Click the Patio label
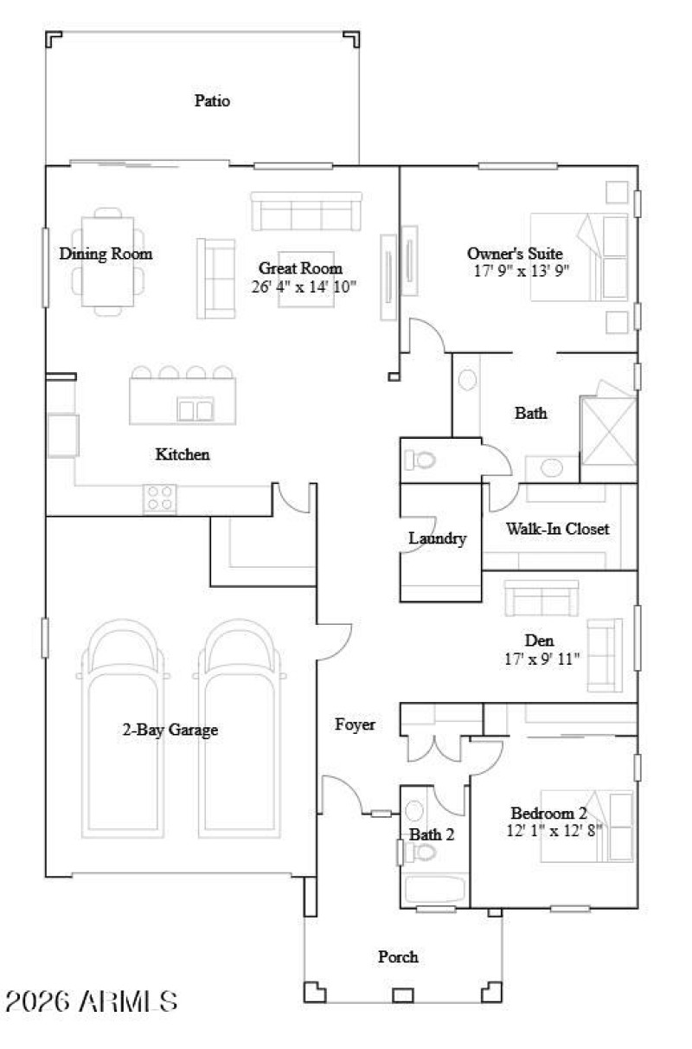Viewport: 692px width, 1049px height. click(x=212, y=100)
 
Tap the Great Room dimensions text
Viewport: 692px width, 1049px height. click(x=304, y=286)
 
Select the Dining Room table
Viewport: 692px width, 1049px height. click(x=107, y=261)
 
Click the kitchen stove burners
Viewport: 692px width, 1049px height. click(x=160, y=499)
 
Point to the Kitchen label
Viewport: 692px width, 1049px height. click(x=183, y=454)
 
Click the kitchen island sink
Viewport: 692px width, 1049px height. click(x=195, y=409)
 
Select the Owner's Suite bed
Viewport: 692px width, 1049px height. click(x=579, y=256)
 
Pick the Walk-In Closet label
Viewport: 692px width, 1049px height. click(x=558, y=528)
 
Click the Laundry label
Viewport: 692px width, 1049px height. click(x=438, y=538)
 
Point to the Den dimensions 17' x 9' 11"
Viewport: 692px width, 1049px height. click(x=540, y=659)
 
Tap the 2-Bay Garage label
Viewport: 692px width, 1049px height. click(x=170, y=730)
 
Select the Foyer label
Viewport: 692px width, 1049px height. click(x=356, y=724)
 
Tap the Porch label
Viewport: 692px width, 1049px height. click(x=398, y=956)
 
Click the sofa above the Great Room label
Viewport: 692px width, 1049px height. click(x=305, y=212)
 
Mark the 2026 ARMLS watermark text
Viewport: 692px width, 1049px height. click(x=92, y=1001)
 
